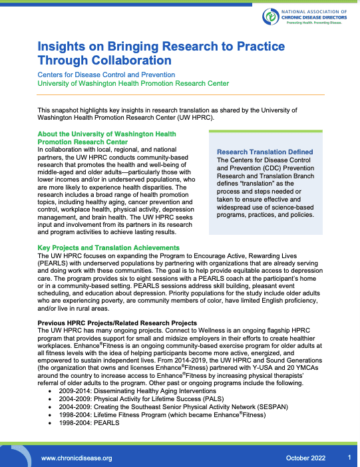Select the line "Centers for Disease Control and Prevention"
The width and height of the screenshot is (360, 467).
(106, 75)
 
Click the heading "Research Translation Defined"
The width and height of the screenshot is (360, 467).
(265, 152)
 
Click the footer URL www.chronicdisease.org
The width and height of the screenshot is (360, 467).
(77, 458)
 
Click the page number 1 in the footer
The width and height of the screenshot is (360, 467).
(349, 458)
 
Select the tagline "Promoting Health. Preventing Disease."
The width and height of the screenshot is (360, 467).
(313, 23)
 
